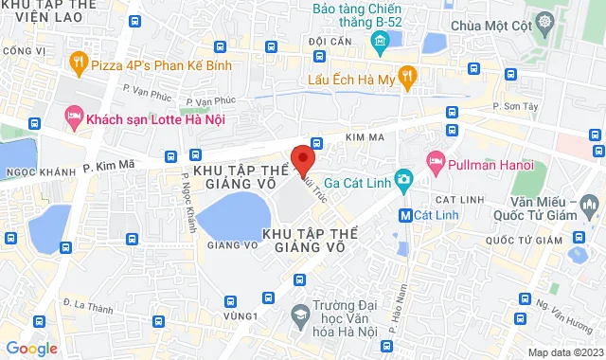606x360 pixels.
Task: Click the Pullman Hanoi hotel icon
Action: pyautogui.click(x=436, y=158)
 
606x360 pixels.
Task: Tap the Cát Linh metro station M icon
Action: pyautogui.click(x=405, y=215)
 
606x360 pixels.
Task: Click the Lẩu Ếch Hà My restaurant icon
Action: pyautogui.click(x=407, y=77)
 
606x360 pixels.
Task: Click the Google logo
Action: pyautogui.click(x=30, y=348)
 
